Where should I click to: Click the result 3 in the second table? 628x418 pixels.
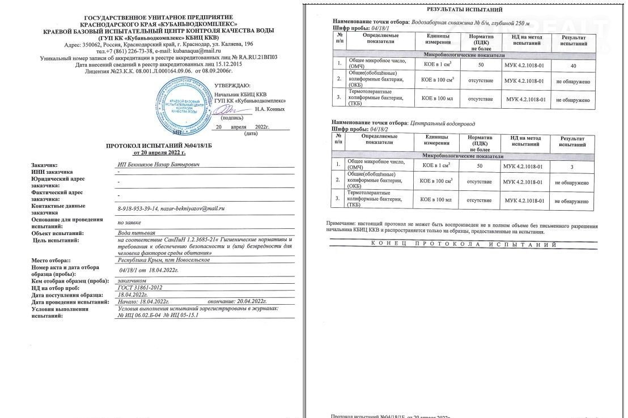coord(572,167)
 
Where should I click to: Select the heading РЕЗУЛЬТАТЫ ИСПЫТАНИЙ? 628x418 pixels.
coord(464,10)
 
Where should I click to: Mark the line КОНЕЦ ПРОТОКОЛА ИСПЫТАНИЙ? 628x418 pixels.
coord(463,244)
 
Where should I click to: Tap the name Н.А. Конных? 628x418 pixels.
coord(269,109)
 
